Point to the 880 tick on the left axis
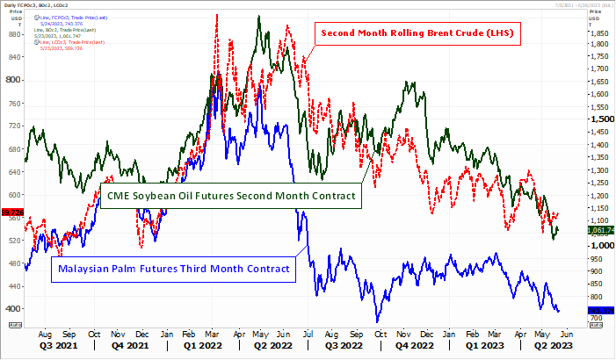(x=13, y=34)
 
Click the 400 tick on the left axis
(x=13, y=308)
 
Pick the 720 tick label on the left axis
(x=13, y=126)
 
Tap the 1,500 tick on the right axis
(x=600, y=119)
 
